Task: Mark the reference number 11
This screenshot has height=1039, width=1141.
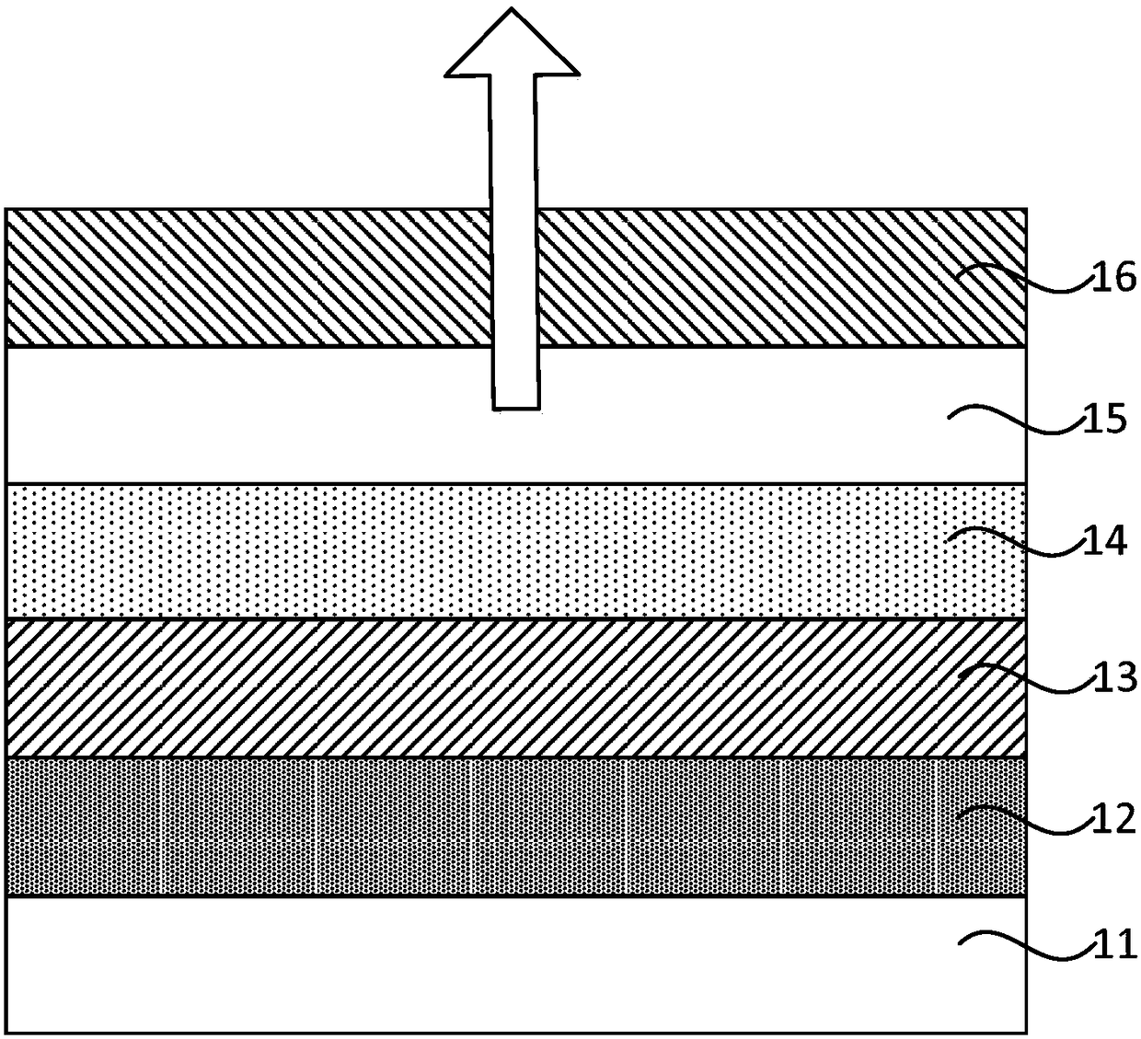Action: [1112, 944]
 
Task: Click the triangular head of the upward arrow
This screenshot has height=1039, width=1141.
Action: [513, 46]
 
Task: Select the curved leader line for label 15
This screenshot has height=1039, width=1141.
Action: [1012, 423]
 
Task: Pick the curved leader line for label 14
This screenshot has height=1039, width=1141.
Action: [1012, 543]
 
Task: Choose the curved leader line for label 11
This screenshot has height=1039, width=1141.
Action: [1021, 946]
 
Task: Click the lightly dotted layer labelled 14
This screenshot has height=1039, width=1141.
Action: [460, 550]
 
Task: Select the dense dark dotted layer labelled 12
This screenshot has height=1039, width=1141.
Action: [460, 826]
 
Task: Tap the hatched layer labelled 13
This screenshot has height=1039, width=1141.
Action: [460, 687]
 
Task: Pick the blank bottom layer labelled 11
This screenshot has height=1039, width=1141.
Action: [460, 964]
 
